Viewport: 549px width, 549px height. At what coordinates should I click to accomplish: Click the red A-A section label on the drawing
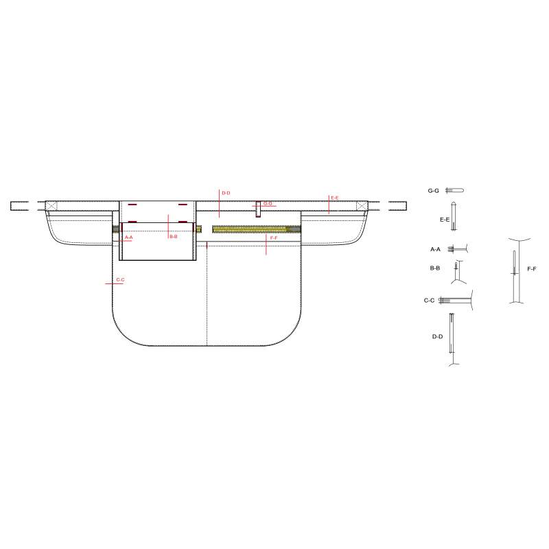[x=129, y=237]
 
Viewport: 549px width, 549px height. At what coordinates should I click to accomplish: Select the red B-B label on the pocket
[x=174, y=237]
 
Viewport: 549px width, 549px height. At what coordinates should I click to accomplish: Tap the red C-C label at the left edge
[x=120, y=280]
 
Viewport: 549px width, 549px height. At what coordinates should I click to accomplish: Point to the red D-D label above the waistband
[x=226, y=193]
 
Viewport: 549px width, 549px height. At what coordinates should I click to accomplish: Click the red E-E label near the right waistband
[x=335, y=198]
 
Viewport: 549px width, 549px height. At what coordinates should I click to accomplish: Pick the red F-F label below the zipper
[x=274, y=237]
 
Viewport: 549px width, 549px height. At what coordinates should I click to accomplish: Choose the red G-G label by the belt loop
[x=268, y=203]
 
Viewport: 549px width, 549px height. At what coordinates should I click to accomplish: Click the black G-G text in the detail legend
[x=433, y=191]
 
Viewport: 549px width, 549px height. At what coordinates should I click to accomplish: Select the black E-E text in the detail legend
[x=445, y=220]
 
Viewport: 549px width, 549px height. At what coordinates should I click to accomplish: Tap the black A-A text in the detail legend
[x=435, y=249]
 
